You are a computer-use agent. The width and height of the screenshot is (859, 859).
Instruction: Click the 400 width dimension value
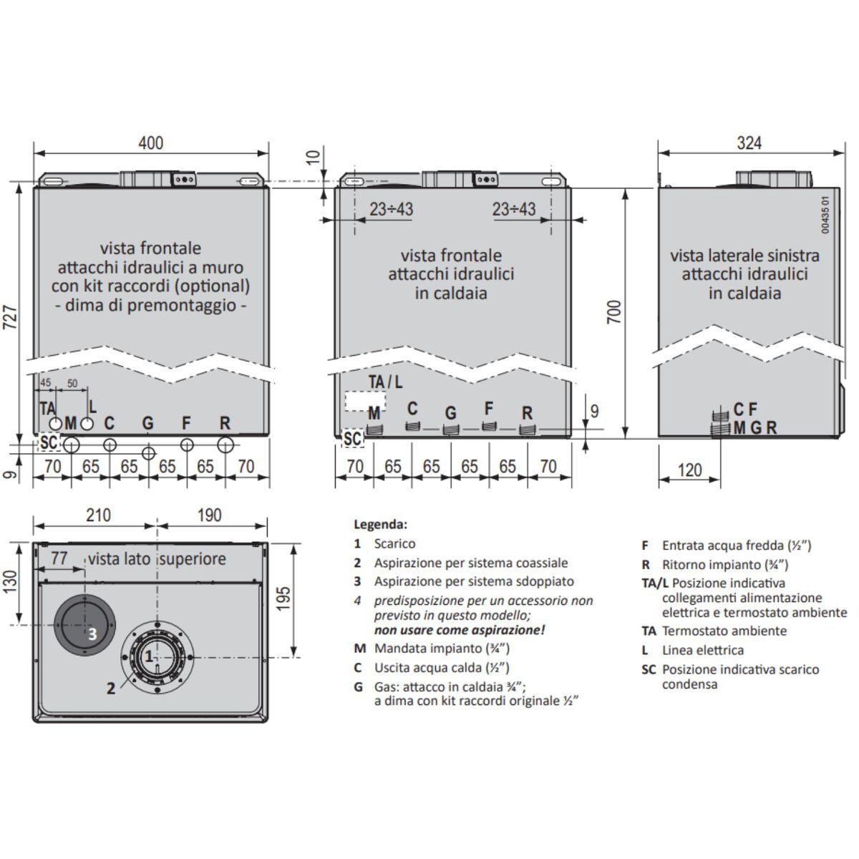coord(150,143)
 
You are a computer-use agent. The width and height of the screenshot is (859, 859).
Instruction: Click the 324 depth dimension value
coord(749,143)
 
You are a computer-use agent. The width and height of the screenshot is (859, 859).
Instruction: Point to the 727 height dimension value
coord(11,317)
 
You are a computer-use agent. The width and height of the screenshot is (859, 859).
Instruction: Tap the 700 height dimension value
coord(614,312)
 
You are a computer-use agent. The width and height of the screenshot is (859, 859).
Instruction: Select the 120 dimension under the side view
coord(689,470)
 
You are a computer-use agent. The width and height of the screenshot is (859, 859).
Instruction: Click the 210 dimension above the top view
coord(98,515)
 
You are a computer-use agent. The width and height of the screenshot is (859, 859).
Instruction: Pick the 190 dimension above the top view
coord(209,515)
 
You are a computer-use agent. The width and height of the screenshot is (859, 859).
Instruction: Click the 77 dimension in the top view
coord(59,558)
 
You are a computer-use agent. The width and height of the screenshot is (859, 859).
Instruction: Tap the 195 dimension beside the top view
coord(283,598)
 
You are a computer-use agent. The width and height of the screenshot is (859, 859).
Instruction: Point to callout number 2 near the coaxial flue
coord(111,689)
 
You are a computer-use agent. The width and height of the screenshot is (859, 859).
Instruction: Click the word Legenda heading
coord(380,525)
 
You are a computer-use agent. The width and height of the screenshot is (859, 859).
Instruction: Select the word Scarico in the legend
coord(394,544)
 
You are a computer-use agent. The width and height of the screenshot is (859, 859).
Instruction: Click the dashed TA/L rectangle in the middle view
coord(365,401)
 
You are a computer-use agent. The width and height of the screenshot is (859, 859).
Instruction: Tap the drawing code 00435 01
coord(825,215)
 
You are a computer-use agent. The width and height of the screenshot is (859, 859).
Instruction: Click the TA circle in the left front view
coord(55,424)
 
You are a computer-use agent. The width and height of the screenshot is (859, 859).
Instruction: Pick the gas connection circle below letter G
coord(148,453)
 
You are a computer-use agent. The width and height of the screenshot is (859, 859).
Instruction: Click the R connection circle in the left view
coord(225,445)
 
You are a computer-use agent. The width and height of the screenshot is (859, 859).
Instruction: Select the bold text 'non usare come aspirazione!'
coord(459,630)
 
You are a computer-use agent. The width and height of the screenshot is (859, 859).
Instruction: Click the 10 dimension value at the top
coord(314,157)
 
